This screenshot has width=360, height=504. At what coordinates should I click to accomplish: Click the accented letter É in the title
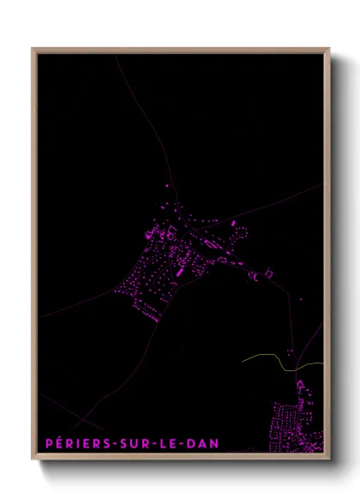point(58,442)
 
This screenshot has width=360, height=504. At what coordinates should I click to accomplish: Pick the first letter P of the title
point(48,443)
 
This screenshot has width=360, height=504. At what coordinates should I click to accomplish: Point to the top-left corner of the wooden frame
point(33,49)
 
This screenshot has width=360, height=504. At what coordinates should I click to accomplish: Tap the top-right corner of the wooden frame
point(329,49)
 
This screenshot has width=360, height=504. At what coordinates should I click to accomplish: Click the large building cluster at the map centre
point(167,257)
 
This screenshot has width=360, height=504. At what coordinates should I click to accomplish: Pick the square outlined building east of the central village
point(268,273)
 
